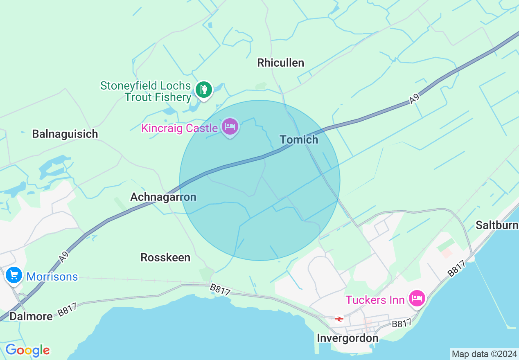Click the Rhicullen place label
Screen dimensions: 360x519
280,63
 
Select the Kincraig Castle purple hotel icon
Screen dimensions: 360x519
230,126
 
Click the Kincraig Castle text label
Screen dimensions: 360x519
179,128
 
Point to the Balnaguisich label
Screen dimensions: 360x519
65,134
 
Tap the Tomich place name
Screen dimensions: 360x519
299,139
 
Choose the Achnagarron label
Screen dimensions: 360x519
163,197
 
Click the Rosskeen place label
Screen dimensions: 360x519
165,257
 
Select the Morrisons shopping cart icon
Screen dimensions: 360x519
14,275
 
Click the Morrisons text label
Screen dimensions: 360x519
52,277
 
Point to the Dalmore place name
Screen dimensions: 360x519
31,316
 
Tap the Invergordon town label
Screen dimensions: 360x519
348,338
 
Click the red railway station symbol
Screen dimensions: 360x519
339,319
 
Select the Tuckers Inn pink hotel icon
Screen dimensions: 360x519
417,298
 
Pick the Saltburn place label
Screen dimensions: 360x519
497,225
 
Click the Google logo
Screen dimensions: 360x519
27,350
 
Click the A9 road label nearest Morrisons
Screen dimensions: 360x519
63,257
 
